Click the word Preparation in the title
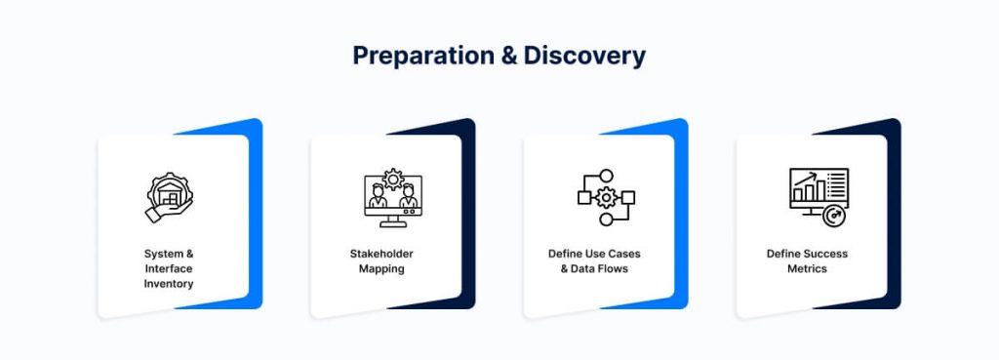423,57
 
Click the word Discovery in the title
584,56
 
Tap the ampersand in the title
509,56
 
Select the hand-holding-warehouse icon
169,197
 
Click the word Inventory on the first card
169,284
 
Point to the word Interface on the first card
169,268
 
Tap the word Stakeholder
381,254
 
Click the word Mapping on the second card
381,269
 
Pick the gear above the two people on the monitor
393,180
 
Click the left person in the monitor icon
378,196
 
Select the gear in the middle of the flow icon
606,197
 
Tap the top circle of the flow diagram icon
607,176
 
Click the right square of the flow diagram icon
628,197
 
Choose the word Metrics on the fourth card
807,269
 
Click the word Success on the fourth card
825,254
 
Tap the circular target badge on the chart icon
833,217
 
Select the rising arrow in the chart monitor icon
805,179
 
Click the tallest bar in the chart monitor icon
820,190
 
